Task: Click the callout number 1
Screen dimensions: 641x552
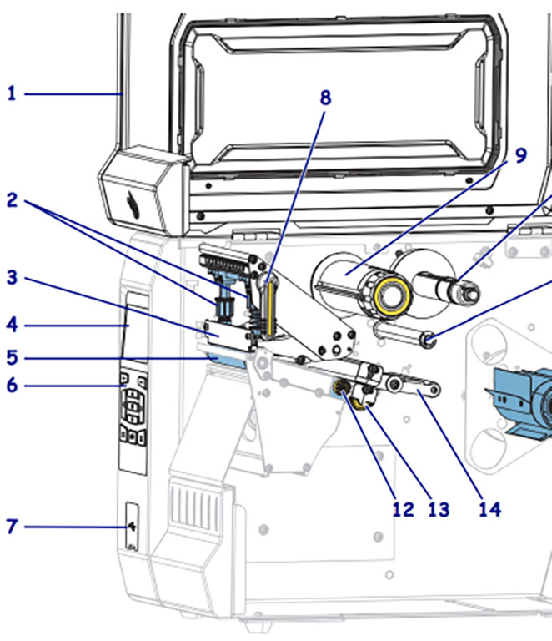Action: click(x=12, y=93)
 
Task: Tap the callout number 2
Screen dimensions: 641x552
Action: click(x=12, y=200)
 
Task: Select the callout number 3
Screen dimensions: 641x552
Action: click(x=12, y=278)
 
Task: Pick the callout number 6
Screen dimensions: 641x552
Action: click(x=12, y=386)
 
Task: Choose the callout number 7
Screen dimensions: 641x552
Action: click(x=12, y=527)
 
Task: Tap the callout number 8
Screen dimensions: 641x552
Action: click(x=325, y=98)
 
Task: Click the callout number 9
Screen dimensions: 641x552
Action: click(x=520, y=156)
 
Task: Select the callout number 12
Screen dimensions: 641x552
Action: click(x=403, y=509)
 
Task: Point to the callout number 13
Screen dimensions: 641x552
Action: click(x=438, y=509)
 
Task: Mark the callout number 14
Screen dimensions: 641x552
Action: click(x=489, y=509)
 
